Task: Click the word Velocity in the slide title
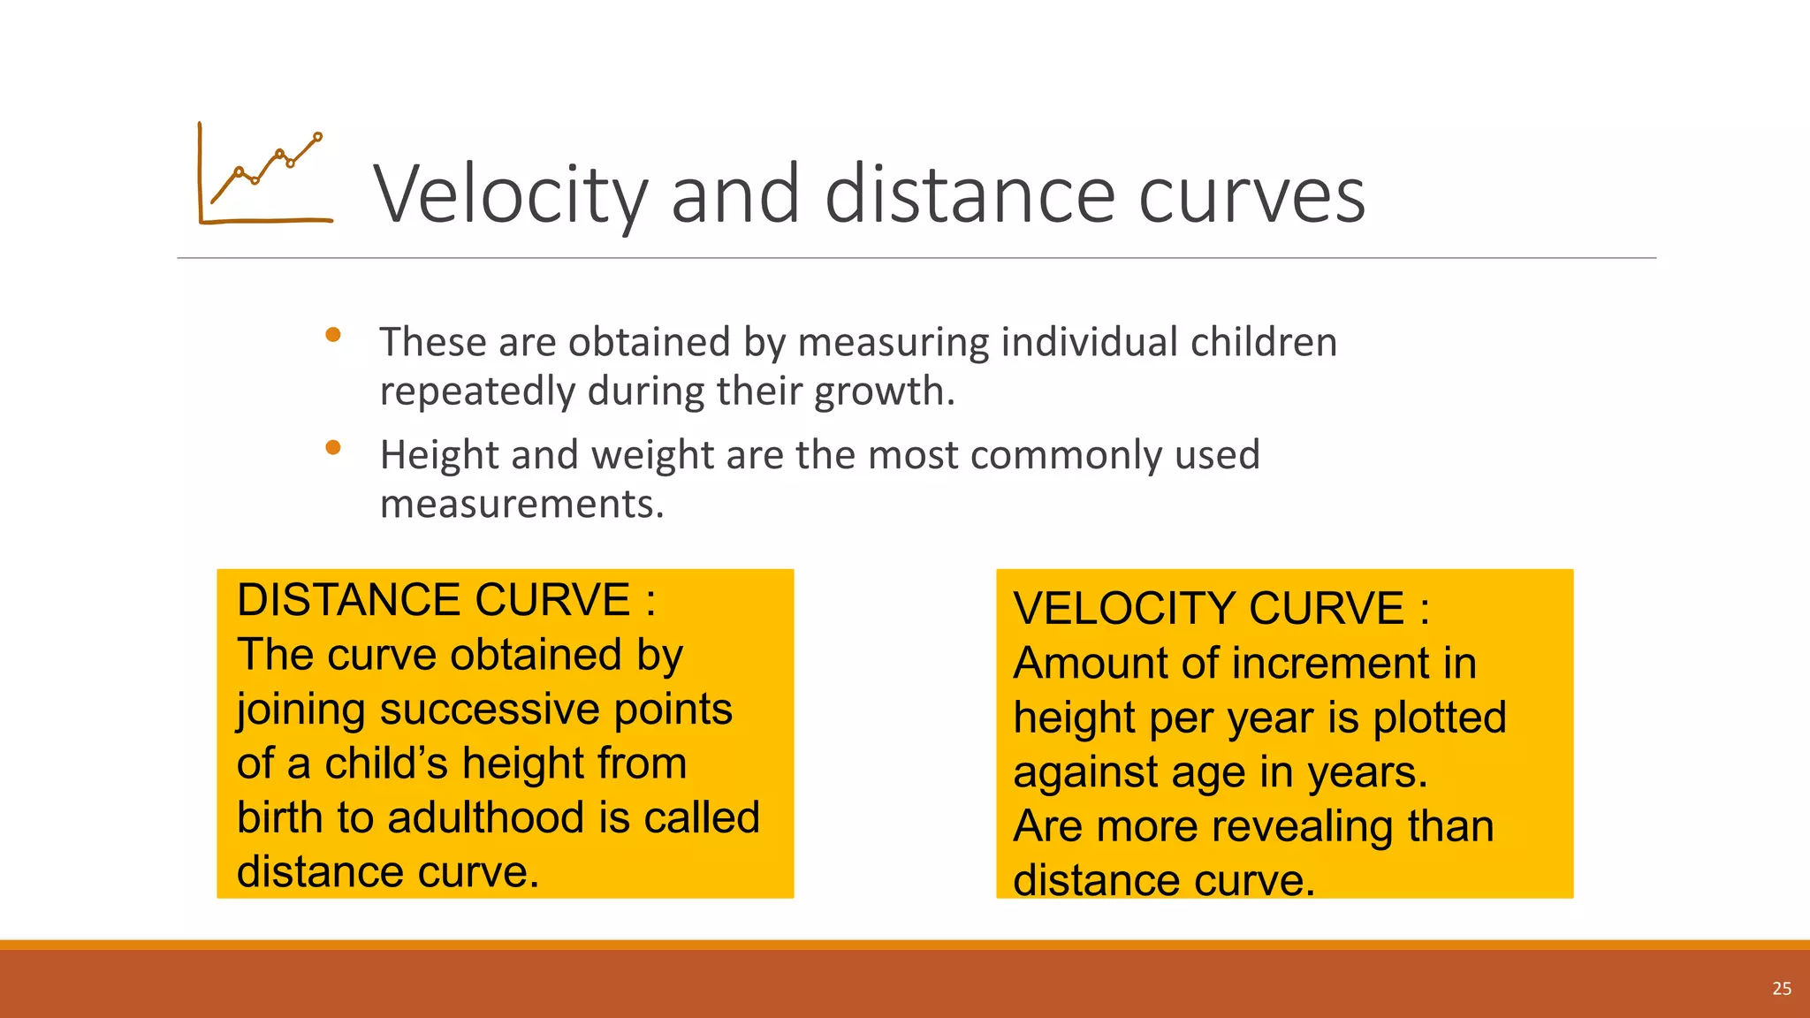[511, 195]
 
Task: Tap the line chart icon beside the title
[265, 174]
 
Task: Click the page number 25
[1782, 989]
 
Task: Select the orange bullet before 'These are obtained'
[333, 335]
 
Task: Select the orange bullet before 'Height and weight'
[333, 448]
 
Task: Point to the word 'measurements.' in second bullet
[521, 505]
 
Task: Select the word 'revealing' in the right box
[1303, 827]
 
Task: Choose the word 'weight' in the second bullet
[652, 455]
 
